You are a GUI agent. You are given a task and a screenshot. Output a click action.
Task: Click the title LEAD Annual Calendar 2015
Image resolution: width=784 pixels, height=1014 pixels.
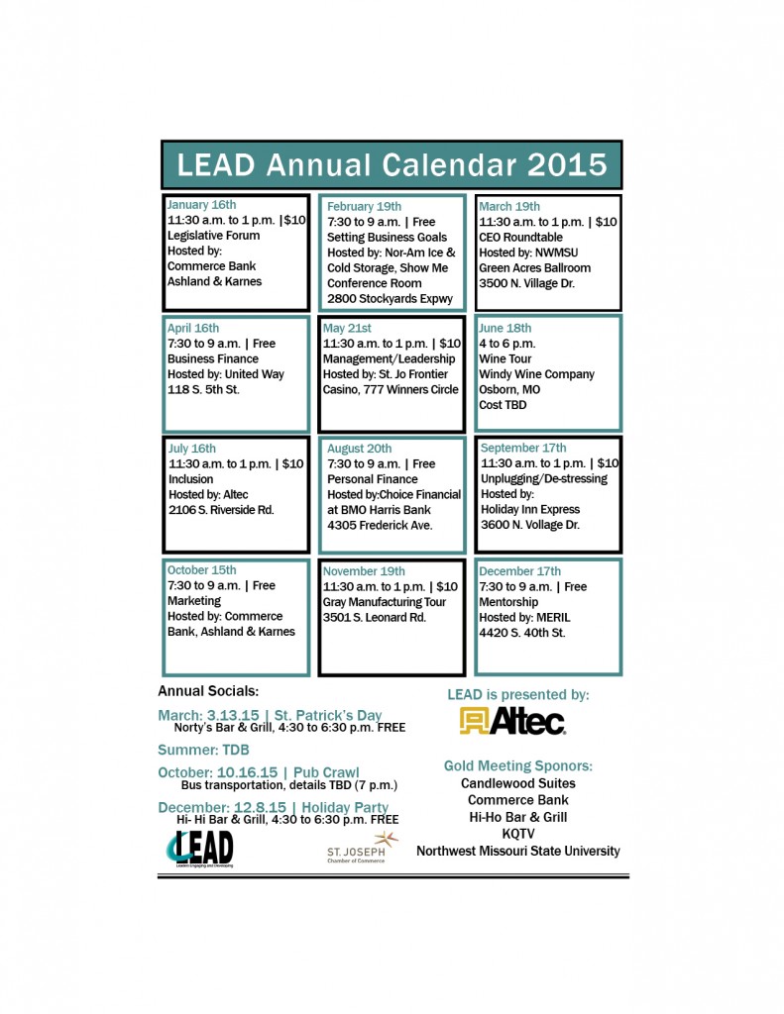(392, 164)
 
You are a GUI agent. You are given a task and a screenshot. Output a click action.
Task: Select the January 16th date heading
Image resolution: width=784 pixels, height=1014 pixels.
(202, 205)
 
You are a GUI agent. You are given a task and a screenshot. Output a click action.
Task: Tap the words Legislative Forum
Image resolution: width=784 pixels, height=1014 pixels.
(213, 236)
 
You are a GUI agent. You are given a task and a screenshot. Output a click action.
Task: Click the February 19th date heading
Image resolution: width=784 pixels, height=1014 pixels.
(365, 207)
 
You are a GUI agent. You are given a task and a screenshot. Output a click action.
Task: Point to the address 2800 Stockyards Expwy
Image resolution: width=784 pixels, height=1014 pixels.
(390, 298)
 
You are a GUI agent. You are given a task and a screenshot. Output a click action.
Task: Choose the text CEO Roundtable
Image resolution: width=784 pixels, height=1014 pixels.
(520, 238)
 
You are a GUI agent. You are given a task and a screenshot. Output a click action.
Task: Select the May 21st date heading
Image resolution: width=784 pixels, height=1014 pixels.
(347, 329)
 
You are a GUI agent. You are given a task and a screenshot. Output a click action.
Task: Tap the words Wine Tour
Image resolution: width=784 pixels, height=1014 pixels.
(505, 359)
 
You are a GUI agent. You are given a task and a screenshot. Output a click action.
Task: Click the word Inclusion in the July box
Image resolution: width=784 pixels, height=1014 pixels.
(191, 479)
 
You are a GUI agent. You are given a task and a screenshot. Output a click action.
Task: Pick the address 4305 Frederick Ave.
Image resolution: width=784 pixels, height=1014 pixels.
(380, 525)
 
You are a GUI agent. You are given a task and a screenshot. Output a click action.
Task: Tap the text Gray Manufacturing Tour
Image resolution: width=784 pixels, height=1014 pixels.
(385, 602)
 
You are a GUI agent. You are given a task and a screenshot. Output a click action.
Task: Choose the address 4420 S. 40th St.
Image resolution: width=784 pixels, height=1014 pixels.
(521, 632)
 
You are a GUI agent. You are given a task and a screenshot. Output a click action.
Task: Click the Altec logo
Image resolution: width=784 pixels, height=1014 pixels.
(512, 721)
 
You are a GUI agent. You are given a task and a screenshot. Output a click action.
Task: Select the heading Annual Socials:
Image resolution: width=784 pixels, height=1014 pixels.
(208, 691)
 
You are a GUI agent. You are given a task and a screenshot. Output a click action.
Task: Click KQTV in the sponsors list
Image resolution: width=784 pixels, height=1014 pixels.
(517, 834)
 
